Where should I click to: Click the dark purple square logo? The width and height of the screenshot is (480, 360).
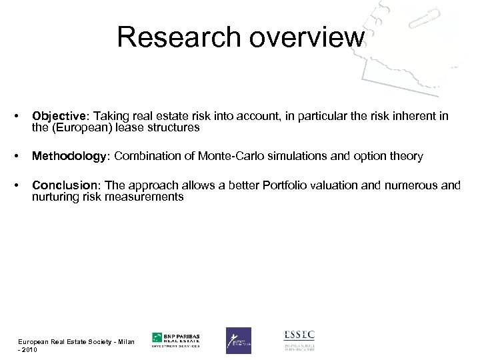click(238, 341)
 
